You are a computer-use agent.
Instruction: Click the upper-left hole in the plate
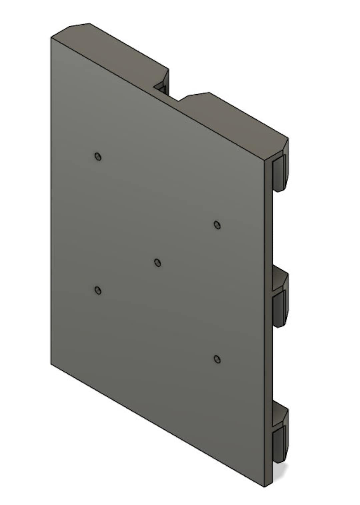98,157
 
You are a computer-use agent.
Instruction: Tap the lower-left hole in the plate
98,290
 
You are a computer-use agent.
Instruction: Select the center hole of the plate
158,262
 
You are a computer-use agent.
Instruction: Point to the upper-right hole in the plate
217,225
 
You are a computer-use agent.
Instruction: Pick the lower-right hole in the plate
217,359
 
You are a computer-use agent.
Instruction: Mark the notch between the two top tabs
162,88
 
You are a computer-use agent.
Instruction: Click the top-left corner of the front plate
51,37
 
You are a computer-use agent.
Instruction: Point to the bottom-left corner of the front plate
51,364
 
